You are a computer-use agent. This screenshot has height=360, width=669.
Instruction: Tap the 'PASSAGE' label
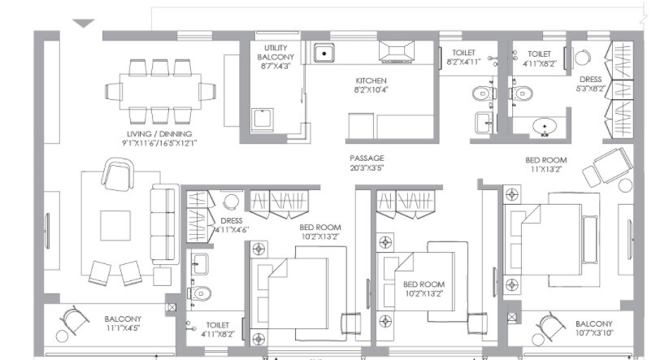367,158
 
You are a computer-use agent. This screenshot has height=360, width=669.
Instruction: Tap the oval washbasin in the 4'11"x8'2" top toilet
543,127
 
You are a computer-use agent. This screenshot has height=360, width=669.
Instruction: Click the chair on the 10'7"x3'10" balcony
553,327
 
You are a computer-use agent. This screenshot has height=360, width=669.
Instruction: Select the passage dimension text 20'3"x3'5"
367,168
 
